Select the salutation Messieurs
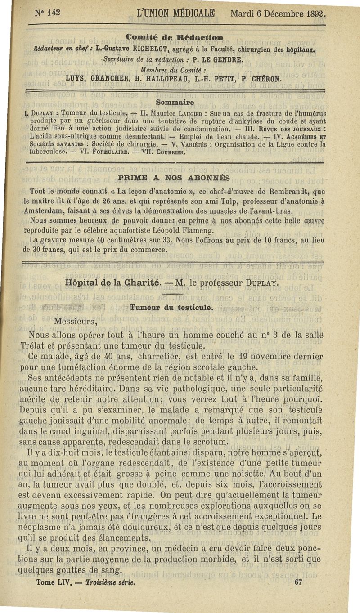coord(76,322)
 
